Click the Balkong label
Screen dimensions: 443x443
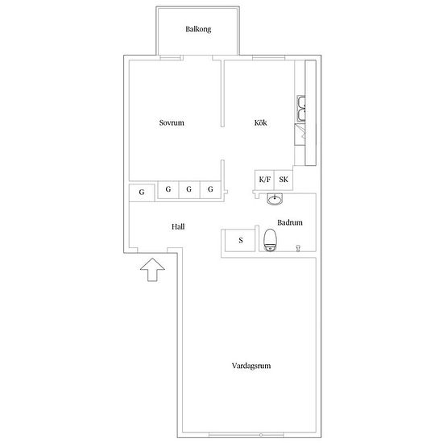pyautogui.click(x=198, y=29)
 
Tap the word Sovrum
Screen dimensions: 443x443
pyautogui.click(x=172, y=122)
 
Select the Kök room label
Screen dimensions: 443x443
pyautogui.click(x=260, y=122)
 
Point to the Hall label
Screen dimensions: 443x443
pyautogui.click(x=178, y=226)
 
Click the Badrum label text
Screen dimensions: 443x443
pyautogui.click(x=290, y=222)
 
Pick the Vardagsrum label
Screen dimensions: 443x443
pyautogui.click(x=251, y=366)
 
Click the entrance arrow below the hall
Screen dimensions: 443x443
pyautogui.click(x=152, y=270)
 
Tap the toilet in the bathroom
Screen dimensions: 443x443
pyautogui.click(x=270, y=240)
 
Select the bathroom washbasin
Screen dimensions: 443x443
pyautogui.click(x=275, y=199)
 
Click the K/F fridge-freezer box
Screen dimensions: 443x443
pyautogui.click(x=264, y=180)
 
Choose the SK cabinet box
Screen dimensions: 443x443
pyautogui.click(x=284, y=180)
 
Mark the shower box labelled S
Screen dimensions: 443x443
pyautogui.click(x=240, y=240)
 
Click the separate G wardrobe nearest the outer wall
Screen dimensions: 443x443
pyautogui.click(x=142, y=193)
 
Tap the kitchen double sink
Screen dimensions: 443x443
pyautogui.click(x=301, y=109)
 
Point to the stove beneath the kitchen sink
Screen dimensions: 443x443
pyautogui.click(x=300, y=135)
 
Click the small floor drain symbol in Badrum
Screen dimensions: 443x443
pyautogui.click(x=298, y=248)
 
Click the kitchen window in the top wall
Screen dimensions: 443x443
pyautogui.click(x=268, y=58)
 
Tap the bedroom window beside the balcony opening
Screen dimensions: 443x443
pyautogui.click(x=171, y=58)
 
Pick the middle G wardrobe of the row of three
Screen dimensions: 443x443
pyautogui.click(x=189, y=189)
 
